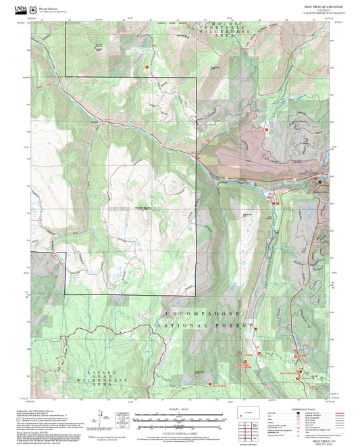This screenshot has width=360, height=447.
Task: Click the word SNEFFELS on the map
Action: [220, 31]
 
